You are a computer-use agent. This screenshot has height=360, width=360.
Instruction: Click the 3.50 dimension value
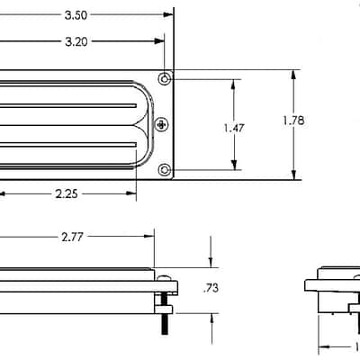76,15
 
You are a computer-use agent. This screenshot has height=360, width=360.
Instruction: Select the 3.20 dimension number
76,41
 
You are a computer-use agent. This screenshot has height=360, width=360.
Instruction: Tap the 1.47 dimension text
234,128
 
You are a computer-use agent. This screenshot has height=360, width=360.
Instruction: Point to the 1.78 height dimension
293,121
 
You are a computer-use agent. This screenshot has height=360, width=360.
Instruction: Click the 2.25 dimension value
67,194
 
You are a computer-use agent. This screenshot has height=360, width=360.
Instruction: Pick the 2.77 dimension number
72,238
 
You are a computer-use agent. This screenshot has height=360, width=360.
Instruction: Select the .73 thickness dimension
211,288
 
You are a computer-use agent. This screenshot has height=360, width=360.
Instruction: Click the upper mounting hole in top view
165,79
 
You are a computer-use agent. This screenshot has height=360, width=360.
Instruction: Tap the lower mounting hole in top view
165,170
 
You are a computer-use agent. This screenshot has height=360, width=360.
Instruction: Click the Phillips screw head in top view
162,124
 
